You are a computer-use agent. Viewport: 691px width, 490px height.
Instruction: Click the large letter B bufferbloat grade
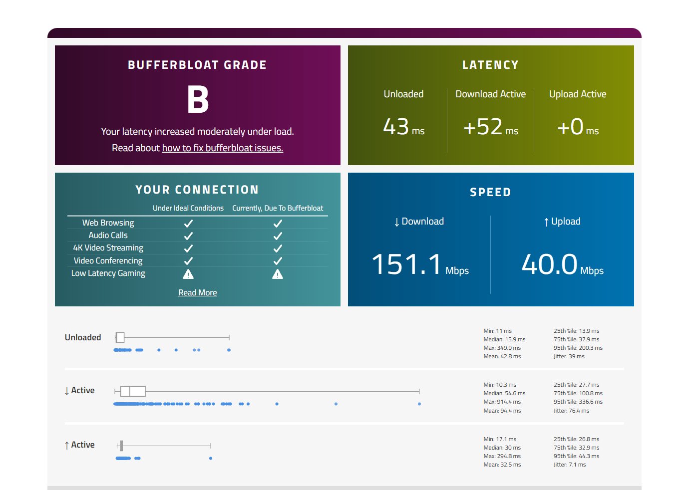(x=198, y=99)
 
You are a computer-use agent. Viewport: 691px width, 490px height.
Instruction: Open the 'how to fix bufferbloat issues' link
(x=222, y=148)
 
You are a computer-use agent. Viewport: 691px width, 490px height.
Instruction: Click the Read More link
(x=197, y=292)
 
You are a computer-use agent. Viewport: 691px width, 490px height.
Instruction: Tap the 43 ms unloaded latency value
(x=403, y=127)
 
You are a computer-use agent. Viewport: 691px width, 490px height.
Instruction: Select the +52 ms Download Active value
(x=490, y=127)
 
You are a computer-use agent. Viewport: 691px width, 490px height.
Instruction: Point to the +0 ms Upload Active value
(x=578, y=127)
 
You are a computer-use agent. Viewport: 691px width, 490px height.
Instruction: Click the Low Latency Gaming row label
(x=108, y=273)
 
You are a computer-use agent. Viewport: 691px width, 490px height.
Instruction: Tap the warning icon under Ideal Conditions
(x=188, y=273)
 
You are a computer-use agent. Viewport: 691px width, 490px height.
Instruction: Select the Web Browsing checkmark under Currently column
(x=278, y=223)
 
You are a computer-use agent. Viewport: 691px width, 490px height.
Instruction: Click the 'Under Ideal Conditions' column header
(x=188, y=208)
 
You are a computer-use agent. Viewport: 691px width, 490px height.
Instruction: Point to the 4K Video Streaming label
(x=108, y=247)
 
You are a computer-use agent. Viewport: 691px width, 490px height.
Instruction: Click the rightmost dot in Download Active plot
(x=419, y=404)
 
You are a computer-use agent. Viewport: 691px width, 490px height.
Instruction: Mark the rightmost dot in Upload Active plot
(x=211, y=458)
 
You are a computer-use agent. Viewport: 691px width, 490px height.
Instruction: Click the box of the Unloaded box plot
(x=120, y=338)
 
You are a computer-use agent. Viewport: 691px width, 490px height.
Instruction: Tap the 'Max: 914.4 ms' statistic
(x=502, y=402)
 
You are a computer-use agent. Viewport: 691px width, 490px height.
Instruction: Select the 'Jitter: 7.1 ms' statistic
(x=569, y=465)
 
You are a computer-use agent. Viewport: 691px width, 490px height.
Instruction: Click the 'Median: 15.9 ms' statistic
(x=504, y=339)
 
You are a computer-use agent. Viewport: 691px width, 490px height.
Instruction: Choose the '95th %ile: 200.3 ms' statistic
(x=578, y=348)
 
